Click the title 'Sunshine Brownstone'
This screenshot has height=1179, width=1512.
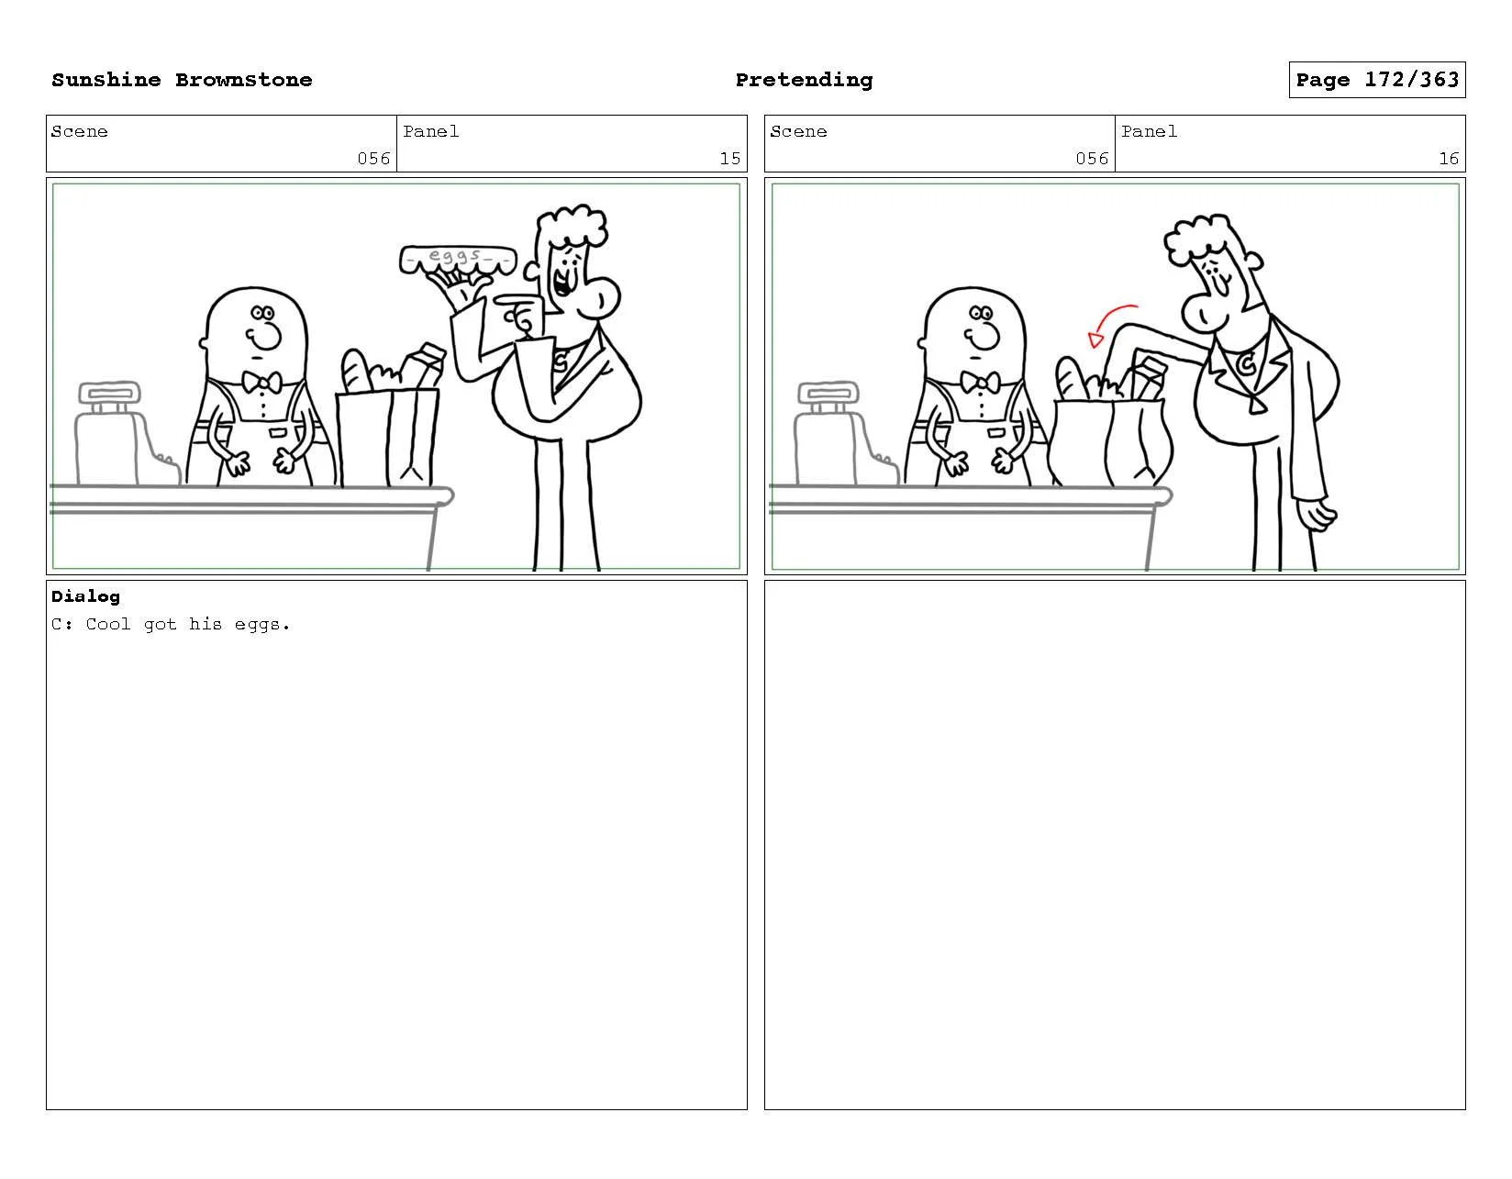182,80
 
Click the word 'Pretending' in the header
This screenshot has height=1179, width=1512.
804,81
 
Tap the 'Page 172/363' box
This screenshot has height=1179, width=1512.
1376,80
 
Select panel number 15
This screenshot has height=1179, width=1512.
730,159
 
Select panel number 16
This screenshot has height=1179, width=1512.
1448,159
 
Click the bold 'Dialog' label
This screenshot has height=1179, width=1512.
85,596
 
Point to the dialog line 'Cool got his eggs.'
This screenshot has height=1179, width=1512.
187,625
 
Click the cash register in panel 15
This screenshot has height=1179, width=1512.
126,433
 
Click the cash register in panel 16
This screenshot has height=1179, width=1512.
844,433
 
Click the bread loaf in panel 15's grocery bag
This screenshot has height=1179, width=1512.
355,372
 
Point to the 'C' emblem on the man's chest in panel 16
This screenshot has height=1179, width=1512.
1247,362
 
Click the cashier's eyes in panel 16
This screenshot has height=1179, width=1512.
981,313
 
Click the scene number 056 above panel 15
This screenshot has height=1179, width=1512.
373,159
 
